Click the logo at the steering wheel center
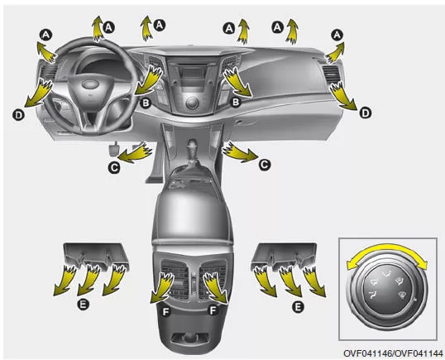click(89, 84)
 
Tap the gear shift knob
click(193, 145)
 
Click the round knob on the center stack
click(192, 103)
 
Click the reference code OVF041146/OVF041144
click(393, 353)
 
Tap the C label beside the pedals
click(114, 167)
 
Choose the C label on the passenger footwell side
click(265, 165)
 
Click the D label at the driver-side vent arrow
click(18, 115)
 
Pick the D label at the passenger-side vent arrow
click(366, 113)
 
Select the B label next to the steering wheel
click(146, 103)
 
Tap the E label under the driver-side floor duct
click(83, 305)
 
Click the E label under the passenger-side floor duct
click(298, 307)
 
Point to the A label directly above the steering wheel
click(108, 27)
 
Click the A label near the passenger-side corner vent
click(337, 36)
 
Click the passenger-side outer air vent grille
click(331, 74)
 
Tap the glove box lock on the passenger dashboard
click(239, 122)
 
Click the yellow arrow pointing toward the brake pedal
click(135, 152)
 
